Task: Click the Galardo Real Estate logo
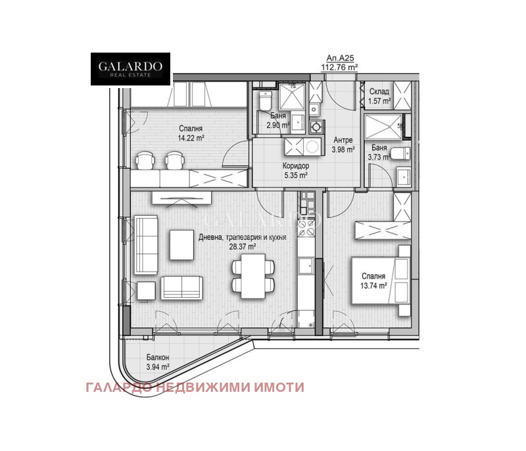pyautogui.click(x=130, y=69)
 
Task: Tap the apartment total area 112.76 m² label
pyautogui.click(x=339, y=62)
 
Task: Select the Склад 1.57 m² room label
pyautogui.click(x=380, y=97)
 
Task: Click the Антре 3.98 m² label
pyautogui.click(x=343, y=145)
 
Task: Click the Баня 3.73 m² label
pyautogui.click(x=379, y=153)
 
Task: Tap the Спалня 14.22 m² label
pyautogui.click(x=190, y=133)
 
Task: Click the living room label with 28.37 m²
pyautogui.click(x=241, y=241)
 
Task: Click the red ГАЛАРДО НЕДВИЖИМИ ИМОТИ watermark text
pyautogui.click(x=195, y=387)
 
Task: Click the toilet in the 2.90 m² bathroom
pyautogui.click(x=264, y=102)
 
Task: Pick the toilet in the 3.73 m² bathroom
pyautogui.click(x=398, y=154)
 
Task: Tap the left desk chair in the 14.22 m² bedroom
pyautogui.click(x=145, y=160)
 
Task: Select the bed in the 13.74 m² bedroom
pyautogui.click(x=379, y=281)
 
